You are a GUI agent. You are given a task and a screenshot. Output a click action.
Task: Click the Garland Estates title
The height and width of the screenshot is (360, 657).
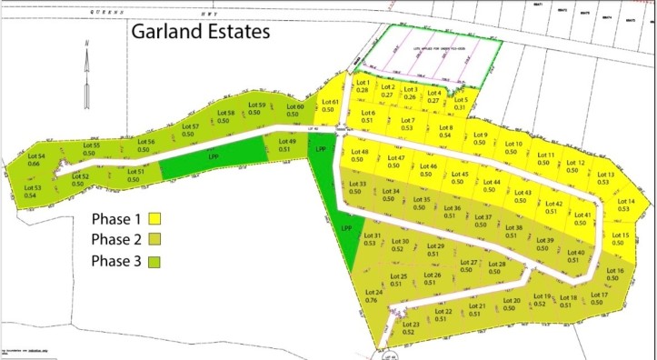201,33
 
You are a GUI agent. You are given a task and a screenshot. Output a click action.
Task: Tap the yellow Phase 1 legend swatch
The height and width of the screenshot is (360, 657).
155,219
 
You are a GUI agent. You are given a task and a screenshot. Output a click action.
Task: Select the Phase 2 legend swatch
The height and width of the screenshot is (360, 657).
155,240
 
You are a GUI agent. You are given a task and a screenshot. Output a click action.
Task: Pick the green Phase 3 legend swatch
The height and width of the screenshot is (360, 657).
155,262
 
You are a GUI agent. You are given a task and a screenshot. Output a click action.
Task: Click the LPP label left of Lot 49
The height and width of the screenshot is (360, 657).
214,156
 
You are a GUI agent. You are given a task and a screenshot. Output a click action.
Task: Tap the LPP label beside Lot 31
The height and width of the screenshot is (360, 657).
347,227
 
